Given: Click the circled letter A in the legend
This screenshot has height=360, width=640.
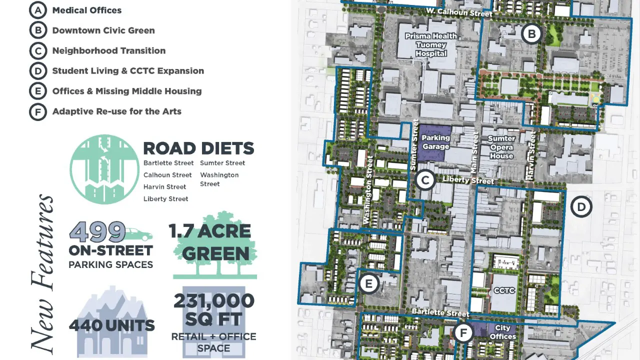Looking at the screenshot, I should tap(38, 10).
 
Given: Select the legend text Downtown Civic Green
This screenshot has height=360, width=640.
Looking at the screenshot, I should tap(103, 30).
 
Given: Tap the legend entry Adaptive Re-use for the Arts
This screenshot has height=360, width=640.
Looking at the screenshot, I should tap(116, 111).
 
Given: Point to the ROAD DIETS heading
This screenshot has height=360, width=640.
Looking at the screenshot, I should tap(198, 148).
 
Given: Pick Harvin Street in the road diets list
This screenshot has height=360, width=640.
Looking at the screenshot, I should tap(164, 187).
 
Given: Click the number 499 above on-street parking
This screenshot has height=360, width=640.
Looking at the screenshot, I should tap(97, 231).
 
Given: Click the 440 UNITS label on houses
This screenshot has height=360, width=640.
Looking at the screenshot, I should tap(112, 326).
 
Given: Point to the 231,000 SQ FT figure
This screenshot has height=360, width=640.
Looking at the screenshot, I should tap(214, 310).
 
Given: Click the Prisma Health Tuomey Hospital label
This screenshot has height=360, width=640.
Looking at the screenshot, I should tap(431, 44).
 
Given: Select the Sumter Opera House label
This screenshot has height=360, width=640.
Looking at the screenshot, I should tap(501, 147).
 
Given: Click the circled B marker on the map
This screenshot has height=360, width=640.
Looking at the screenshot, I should tap(531, 34).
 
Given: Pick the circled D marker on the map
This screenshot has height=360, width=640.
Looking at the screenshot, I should tap(581, 206).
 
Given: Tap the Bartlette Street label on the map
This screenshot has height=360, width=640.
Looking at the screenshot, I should tap(433, 312).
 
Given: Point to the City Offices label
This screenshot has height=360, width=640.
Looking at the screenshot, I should tap(502, 332).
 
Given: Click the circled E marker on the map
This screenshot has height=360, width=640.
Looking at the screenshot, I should tap(369, 284).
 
